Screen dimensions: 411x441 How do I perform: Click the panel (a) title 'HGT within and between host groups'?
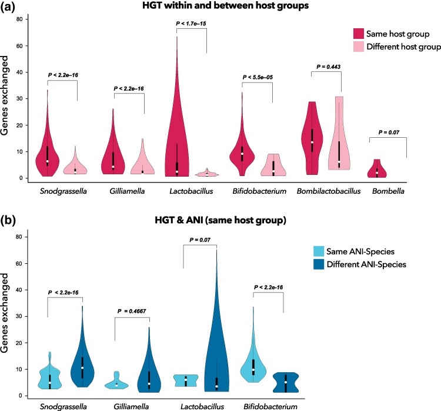[x=220, y=6]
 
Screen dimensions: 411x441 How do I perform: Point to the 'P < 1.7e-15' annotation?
[x=191, y=24]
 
